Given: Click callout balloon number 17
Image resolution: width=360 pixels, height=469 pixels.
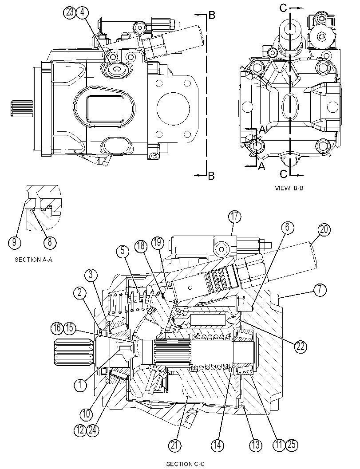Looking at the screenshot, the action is pos(235,217).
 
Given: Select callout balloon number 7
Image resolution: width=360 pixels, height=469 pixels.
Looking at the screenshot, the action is pos(320,290).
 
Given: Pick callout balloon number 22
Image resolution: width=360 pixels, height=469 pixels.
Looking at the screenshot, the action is pos(301,346).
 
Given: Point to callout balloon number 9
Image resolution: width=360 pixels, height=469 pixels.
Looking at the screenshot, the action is pos(14,242).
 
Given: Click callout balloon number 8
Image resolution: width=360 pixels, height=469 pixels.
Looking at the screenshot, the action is pos(50,242).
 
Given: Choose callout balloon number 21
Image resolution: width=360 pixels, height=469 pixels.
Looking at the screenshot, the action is pos(174,445).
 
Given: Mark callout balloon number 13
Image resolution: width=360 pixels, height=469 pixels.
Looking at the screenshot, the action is pos(256,445).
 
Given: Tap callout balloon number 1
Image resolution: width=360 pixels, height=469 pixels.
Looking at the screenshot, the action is pos(80,385).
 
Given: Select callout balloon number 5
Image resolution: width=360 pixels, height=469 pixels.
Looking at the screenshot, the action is pos(123,251).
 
